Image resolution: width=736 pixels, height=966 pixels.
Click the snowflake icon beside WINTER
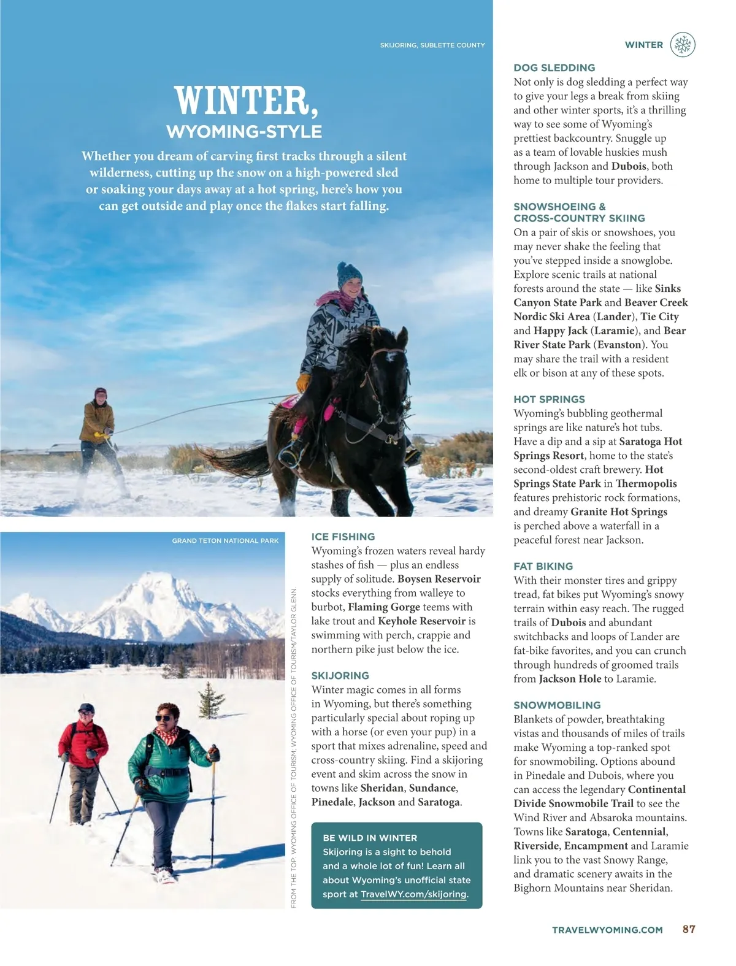point(683,45)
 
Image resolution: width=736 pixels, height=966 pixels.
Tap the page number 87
point(689,929)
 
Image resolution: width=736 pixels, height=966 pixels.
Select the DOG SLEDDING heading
point(554,68)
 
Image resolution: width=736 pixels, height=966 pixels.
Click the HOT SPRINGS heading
point(549,399)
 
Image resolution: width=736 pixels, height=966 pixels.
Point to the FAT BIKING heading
point(543,566)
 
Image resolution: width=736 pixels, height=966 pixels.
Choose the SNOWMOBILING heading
point(557,705)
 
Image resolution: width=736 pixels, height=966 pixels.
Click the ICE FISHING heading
point(343,537)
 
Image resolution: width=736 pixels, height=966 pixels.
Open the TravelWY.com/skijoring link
point(414,894)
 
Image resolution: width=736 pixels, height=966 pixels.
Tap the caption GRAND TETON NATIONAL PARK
point(225,541)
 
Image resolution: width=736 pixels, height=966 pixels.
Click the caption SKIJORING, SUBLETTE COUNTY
point(432,45)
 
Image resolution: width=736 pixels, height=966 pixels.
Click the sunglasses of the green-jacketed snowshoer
point(164,718)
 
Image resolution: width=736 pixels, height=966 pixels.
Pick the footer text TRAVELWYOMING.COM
point(607,930)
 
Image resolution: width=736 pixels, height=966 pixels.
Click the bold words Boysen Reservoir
point(439,579)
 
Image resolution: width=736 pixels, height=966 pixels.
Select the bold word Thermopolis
point(646,484)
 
